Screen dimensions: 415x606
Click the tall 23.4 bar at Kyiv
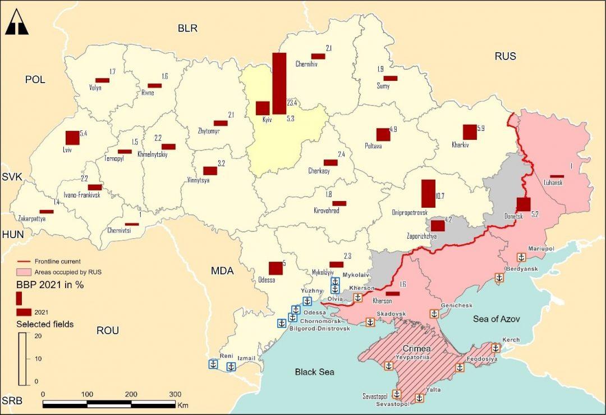279,83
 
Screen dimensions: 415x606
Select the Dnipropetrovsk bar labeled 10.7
428,194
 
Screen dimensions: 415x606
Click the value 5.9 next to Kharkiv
480,129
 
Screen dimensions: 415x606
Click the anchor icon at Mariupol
521,257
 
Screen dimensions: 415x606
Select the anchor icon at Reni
213,364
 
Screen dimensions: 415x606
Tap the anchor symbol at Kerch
496,348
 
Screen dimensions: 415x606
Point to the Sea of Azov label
496,318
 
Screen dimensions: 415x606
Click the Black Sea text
314,372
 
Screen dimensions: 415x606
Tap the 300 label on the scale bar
175,394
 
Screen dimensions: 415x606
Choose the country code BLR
187,28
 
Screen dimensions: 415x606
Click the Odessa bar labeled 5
276,268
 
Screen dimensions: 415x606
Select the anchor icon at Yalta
419,398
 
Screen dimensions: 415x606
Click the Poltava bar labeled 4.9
383,135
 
